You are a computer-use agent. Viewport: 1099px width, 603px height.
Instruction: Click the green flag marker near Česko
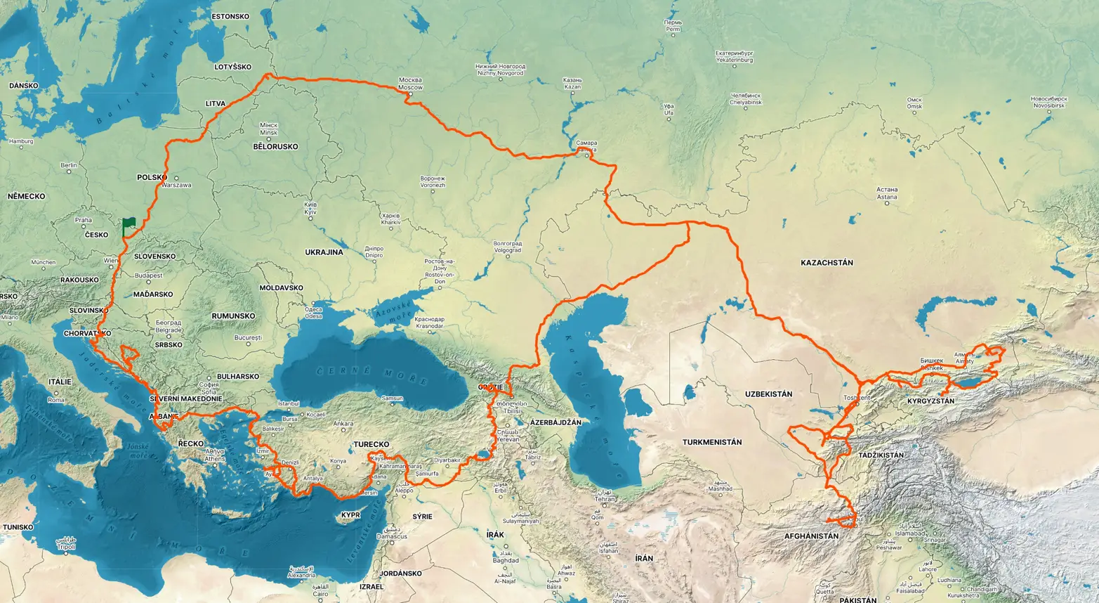click(x=129, y=226)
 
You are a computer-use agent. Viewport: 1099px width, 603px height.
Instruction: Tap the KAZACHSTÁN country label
click(x=827, y=263)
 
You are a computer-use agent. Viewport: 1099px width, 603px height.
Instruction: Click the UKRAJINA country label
click(x=324, y=252)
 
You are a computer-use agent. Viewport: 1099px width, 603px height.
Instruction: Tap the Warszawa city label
click(x=176, y=186)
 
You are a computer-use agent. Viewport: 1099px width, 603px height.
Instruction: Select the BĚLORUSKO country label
click(x=275, y=147)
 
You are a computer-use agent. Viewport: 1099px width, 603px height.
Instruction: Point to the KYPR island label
click(x=350, y=515)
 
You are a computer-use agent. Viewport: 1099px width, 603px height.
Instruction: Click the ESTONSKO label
click(x=231, y=15)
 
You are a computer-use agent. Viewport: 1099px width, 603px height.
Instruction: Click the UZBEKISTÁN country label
click(x=768, y=394)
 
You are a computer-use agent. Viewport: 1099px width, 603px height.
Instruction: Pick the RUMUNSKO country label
click(x=233, y=316)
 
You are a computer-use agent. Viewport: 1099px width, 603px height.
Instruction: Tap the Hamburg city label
click(x=21, y=141)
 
